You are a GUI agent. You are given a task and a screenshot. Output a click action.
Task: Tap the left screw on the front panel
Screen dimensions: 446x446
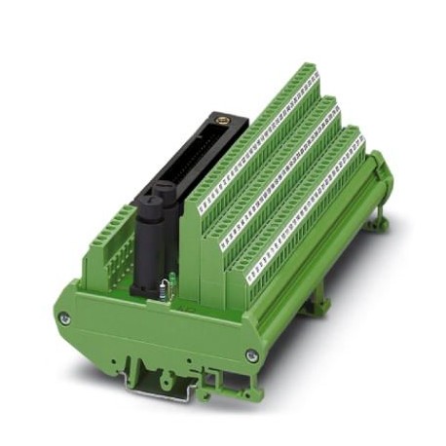(65, 318)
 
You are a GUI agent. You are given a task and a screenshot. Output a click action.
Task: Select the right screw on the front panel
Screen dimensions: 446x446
(251, 356)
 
